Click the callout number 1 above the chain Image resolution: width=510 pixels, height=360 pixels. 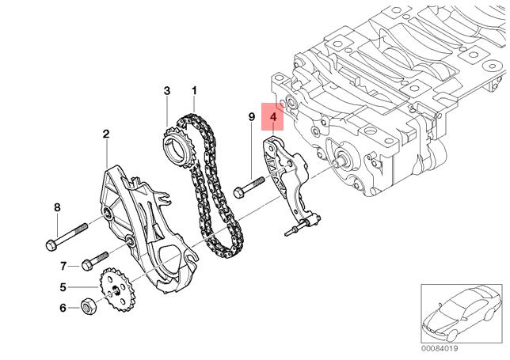pyautogui.click(x=194, y=92)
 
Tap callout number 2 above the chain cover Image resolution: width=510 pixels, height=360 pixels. pyautogui.click(x=106, y=135)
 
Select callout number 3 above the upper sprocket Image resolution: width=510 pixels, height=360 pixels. pyautogui.click(x=167, y=92)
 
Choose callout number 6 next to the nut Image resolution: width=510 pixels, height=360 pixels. pyautogui.click(x=63, y=308)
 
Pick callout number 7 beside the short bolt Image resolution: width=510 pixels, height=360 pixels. pyautogui.click(x=63, y=265)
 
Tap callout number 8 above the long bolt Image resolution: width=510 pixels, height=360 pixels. pyautogui.click(x=56, y=208)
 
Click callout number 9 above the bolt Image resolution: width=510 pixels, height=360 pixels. pyautogui.click(x=251, y=117)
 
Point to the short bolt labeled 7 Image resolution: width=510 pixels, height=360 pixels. pyautogui.click(x=96, y=259)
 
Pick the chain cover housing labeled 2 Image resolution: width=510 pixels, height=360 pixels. pyautogui.click(x=143, y=222)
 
